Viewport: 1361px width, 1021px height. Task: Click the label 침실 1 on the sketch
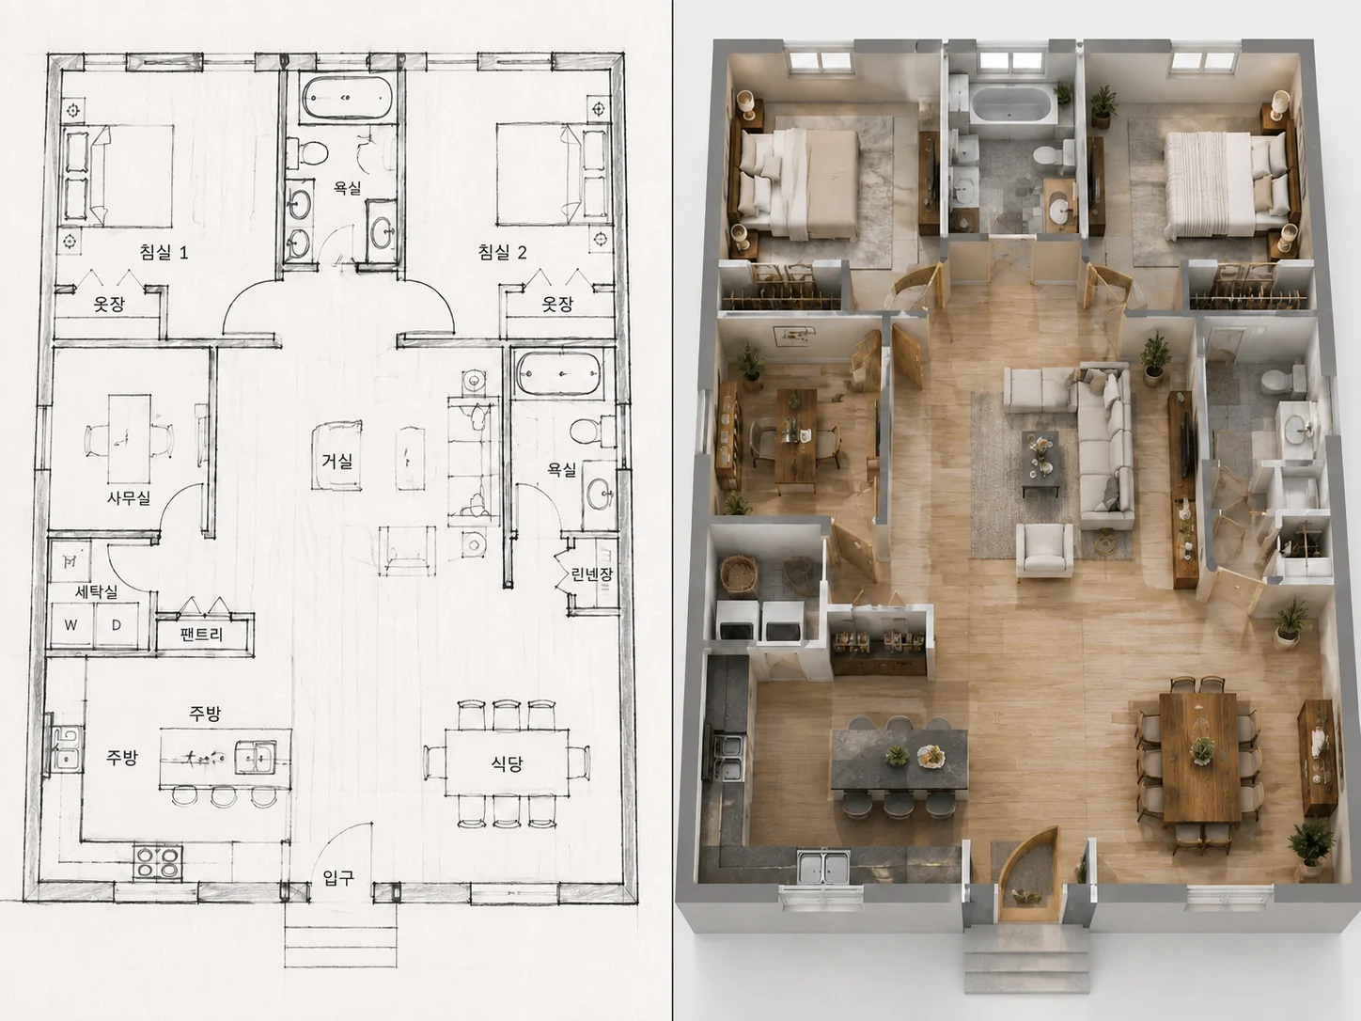[x=164, y=252]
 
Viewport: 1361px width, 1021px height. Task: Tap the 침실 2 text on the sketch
[x=502, y=252]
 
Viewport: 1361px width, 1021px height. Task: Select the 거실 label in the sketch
[x=336, y=462]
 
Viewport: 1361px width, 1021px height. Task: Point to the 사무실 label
[x=129, y=497]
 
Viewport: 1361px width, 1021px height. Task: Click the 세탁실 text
[x=96, y=592]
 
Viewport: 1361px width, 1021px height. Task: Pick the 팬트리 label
[x=201, y=635]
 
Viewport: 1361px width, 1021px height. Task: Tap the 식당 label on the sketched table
[x=507, y=763]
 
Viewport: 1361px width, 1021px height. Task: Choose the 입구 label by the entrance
[x=338, y=877]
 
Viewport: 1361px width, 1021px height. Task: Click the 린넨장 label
[x=591, y=574]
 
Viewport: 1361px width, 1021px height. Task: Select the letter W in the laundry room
[x=70, y=625]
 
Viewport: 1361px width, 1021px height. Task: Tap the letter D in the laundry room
[x=116, y=625]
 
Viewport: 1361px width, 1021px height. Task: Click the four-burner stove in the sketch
[x=159, y=862]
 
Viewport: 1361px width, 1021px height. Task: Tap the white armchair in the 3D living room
[x=1044, y=551]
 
